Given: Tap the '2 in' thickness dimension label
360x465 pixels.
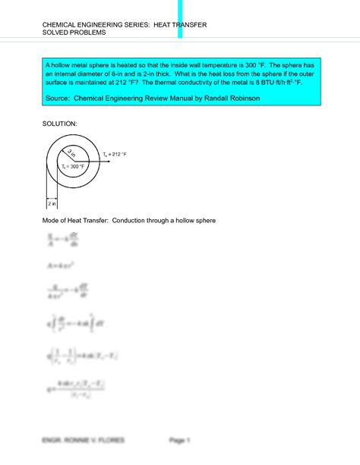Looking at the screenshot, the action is click(x=52, y=203).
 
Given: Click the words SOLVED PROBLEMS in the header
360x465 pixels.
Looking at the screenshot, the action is click(x=74, y=34).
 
